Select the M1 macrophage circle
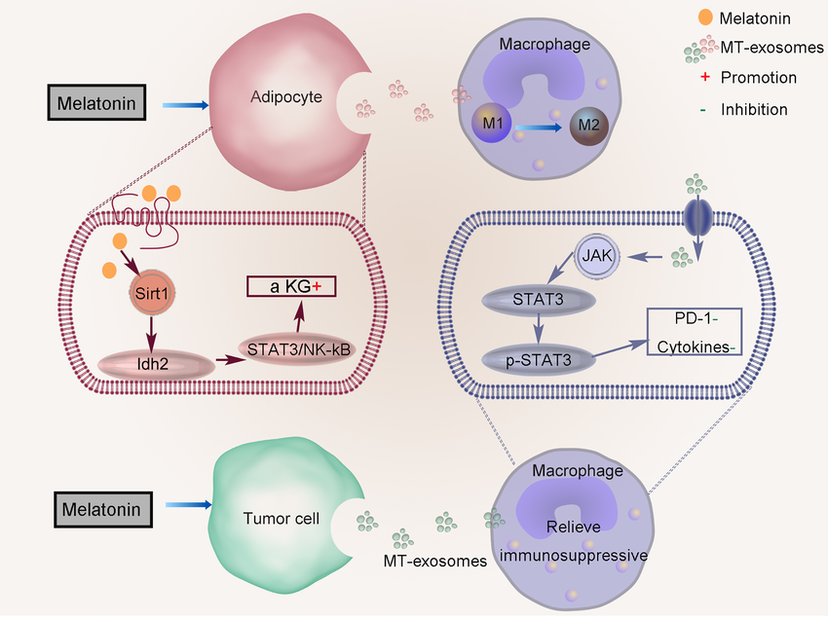(x=491, y=126)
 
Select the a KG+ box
(x=289, y=286)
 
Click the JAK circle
(x=594, y=257)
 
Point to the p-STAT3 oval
(x=540, y=359)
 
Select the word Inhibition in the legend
(x=754, y=109)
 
